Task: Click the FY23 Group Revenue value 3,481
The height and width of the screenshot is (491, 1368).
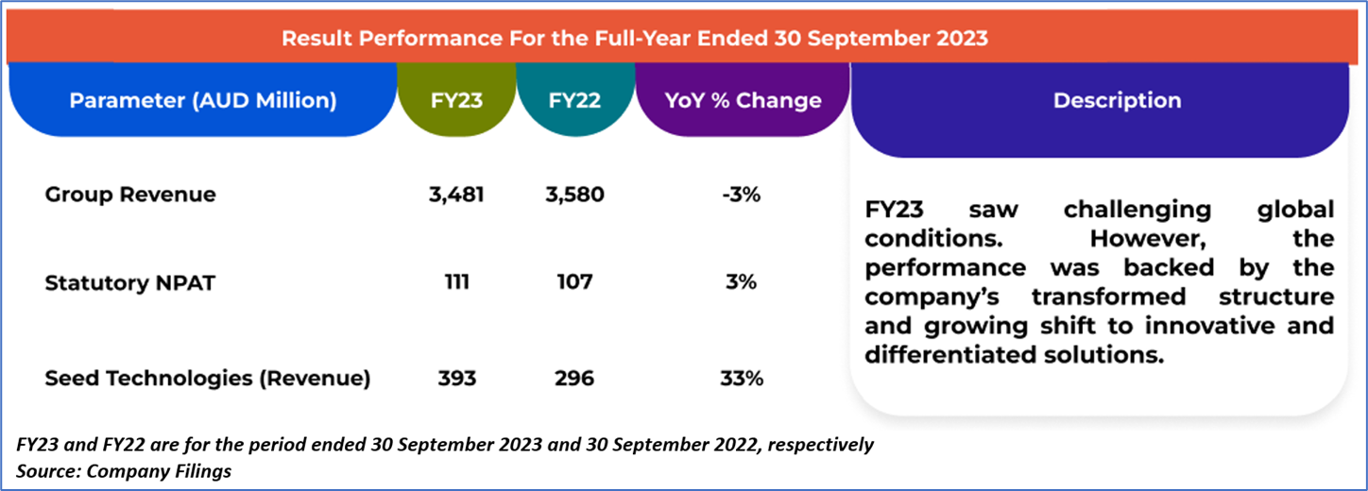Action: [456, 195]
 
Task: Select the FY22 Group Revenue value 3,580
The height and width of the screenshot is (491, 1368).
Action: [574, 195]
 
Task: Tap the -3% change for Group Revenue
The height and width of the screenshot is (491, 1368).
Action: [742, 195]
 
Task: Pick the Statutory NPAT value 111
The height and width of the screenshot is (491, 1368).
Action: [456, 282]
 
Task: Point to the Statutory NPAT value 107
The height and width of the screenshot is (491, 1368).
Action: [574, 282]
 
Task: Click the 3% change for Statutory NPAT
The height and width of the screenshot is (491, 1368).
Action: [742, 282]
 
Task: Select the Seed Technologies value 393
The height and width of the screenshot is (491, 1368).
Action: [456, 379]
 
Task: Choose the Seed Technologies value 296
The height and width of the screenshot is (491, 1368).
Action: [574, 379]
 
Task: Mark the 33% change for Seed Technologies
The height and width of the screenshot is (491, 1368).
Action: [742, 379]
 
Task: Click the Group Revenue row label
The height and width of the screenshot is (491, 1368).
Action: [130, 195]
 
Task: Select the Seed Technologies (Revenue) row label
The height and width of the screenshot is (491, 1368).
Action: [208, 379]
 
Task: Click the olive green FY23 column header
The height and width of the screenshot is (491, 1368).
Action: [457, 100]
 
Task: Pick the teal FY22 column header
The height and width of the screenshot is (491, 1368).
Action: [574, 100]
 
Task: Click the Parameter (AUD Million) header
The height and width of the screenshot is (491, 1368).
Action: [202, 100]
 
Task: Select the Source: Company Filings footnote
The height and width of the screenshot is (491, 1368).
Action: [124, 469]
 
